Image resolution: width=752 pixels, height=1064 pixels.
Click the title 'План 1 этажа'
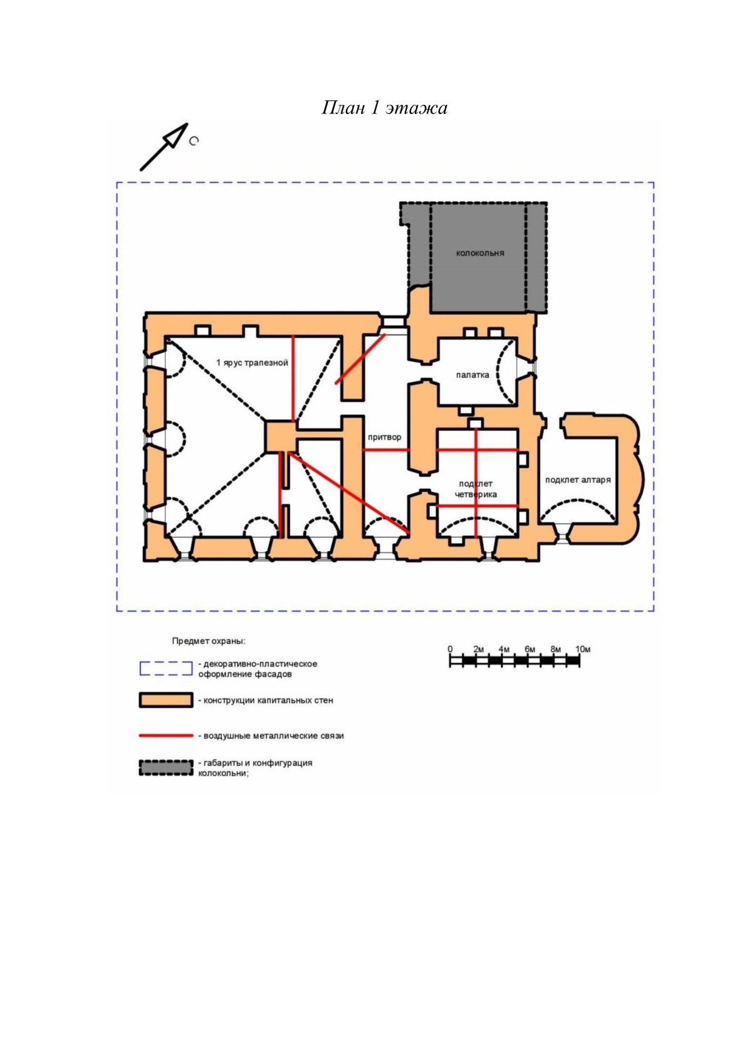(x=384, y=108)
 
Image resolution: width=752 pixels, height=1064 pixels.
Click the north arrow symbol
(x=164, y=147)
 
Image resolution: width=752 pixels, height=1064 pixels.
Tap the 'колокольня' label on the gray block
(x=480, y=253)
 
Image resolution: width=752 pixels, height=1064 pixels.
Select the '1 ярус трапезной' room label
(x=252, y=363)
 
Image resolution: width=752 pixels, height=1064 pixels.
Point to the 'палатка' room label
(x=473, y=375)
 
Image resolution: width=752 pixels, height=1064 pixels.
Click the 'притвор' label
(x=385, y=437)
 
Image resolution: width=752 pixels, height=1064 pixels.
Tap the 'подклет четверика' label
(x=476, y=489)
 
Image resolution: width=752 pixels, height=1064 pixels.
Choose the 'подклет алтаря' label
(x=578, y=480)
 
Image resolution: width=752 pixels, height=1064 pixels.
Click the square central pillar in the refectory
(x=281, y=437)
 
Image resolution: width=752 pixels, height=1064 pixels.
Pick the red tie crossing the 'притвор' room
(x=386, y=450)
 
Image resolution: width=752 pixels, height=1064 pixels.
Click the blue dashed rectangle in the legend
(x=165, y=668)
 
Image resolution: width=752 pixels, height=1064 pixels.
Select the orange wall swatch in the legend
(x=165, y=700)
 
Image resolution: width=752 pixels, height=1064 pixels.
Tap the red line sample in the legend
(x=165, y=736)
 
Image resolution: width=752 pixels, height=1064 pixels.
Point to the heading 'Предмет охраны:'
(x=209, y=641)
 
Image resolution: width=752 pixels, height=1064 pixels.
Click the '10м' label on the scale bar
(x=583, y=650)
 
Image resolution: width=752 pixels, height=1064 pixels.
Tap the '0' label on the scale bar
(x=450, y=650)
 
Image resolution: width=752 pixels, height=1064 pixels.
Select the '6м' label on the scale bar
(x=530, y=650)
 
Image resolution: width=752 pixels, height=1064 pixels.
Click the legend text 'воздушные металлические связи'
(x=273, y=736)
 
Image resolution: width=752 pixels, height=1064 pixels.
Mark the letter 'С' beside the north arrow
(x=194, y=141)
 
